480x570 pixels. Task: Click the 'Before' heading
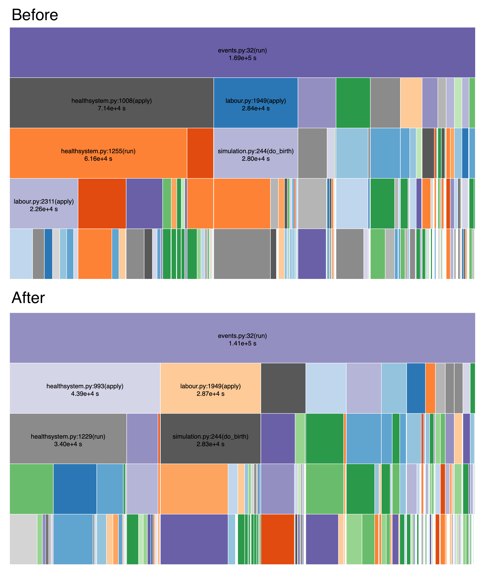pos(35,15)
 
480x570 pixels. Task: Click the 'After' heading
pos(28,298)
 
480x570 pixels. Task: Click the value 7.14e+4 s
pos(112,108)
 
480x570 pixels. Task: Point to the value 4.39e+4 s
pos(85,394)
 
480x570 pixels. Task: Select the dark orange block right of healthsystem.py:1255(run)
pos(200,153)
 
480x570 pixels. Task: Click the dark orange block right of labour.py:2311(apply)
pos(102,203)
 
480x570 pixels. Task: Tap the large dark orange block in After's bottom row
pos(277,539)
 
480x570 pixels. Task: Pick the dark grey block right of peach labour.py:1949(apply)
pos(283,388)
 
